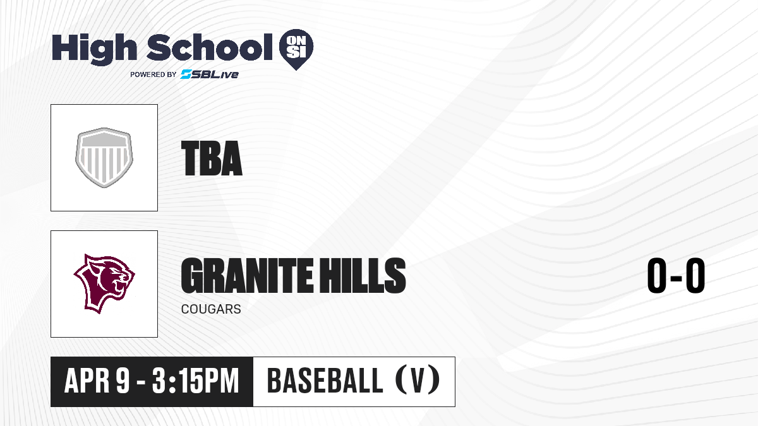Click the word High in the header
(x=94, y=49)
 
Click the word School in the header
(x=210, y=47)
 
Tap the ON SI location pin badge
(x=296, y=49)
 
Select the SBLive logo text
(x=210, y=74)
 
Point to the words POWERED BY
(x=153, y=74)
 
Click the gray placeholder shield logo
(x=104, y=158)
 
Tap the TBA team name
(x=212, y=158)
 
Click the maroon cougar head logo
(x=104, y=283)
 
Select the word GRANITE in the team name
(x=247, y=276)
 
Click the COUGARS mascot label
(x=211, y=309)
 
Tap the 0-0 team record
(x=676, y=275)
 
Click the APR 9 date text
(x=97, y=381)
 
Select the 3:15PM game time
(x=196, y=381)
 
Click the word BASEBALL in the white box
(x=325, y=381)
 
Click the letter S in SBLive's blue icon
(x=186, y=74)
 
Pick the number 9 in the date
(x=123, y=381)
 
